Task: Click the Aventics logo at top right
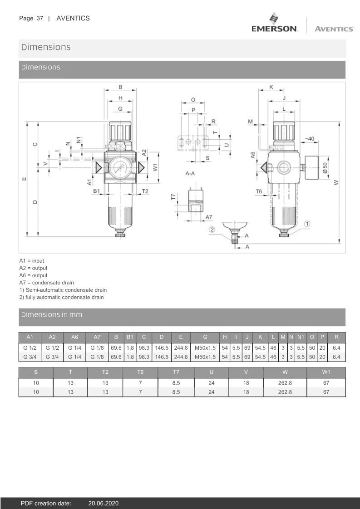pyautogui.click(x=334, y=29)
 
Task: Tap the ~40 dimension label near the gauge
pyautogui.click(x=310, y=139)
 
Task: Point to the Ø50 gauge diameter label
pyautogui.click(x=325, y=168)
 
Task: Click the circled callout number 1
pyautogui.click(x=307, y=224)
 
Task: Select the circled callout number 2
pyautogui.click(x=212, y=230)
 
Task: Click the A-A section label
pyautogui.click(x=190, y=173)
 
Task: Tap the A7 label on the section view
pyautogui.click(x=208, y=217)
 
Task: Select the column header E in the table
pyautogui.click(x=181, y=337)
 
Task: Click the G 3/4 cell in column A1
pyautogui.click(x=30, y=357)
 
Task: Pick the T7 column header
pyautogui.click(x=176, y=372)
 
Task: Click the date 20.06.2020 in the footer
pyautogui.click(x=103, y=504)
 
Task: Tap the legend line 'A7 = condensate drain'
pyautogui.click(x=46, y=283)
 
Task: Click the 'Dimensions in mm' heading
pyautogui.click(x=52, y=314)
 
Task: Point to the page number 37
pyautogui.click(x=40, y=19)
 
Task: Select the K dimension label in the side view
pyautogui.click(x=271, y=87)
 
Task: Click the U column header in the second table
pyautogui.click(x=211, y=372)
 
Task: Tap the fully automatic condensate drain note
pyautogui.click(x=61, y=297)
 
